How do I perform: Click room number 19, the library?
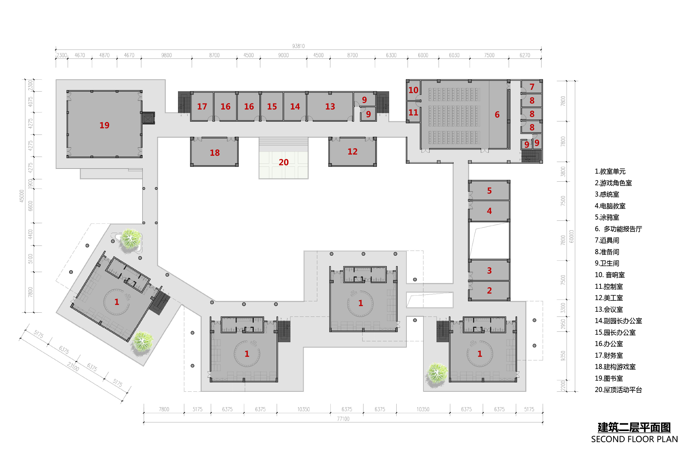(x=104, y=125)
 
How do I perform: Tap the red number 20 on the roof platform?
(x=284, y=162)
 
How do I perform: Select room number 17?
(x=202, y=106)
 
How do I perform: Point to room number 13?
(x=330, y=106)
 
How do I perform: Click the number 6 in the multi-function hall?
(x=497, y=115)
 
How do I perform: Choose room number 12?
(x=352, y=152)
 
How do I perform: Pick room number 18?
(x=215, y=153)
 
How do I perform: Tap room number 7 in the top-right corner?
(x=532, y=87)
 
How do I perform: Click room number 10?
(x=413, y=90)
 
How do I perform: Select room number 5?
(x=489, y=191)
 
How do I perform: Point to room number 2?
(x=489, y=291)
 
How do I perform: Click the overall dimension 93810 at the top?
(x=298, y=46)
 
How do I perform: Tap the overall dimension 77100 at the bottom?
(x=343, y=419)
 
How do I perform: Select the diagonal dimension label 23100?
(x=73, y=367)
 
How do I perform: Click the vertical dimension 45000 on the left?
(x=21, y=196)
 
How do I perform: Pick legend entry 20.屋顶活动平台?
(x=618, y=390)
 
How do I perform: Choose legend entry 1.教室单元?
(x=610, y=172)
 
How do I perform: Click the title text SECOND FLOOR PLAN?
(x=635, y=439)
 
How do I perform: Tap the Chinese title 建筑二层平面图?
(x=634, y=427)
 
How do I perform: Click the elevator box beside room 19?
(x=148, y=118)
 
